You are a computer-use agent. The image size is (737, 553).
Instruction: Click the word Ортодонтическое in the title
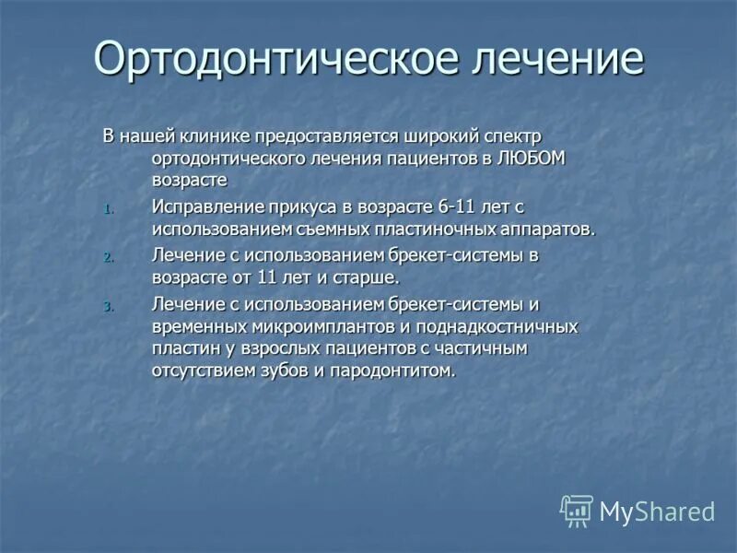point(276,59)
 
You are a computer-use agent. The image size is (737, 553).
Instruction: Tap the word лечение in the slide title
point(558,59)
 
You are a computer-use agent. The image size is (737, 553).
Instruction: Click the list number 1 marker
point(107,208)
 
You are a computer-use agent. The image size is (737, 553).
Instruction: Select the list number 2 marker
point(107,256)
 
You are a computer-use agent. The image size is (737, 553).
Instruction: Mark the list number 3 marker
point(107,305)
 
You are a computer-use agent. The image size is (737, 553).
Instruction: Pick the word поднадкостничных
point(505,326)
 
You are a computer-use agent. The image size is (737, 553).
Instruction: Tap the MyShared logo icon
point(577,510)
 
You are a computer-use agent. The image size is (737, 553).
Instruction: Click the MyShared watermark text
point(657,512)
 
